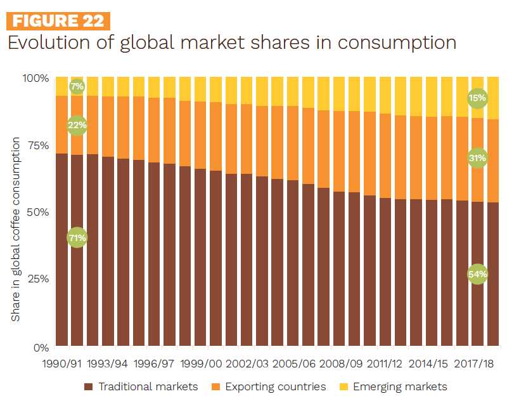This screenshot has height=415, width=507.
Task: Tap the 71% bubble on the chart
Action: [x=77, y=238]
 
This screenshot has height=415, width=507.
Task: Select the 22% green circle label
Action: [x=77, y=125]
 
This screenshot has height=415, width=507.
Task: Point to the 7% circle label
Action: [x=77, y=86]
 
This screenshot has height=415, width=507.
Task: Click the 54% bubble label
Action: [x=477, y=274]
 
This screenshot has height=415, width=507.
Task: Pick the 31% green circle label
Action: [x=477, y=158]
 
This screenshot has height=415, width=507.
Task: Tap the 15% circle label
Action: [x=477, y=98]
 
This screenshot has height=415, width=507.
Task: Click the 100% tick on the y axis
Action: [x=35, y=78]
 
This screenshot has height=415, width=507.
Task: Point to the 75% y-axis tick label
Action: [x=38, y=145]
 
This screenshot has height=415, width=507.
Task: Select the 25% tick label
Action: [x=38, y=279]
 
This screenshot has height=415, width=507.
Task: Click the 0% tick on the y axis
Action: [x=41, y=347]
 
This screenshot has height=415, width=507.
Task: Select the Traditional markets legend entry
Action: [x=141, y=386]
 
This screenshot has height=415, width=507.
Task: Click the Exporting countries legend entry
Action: [x=269, y=386]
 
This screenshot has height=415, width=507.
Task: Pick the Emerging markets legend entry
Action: [x=393, y=386]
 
